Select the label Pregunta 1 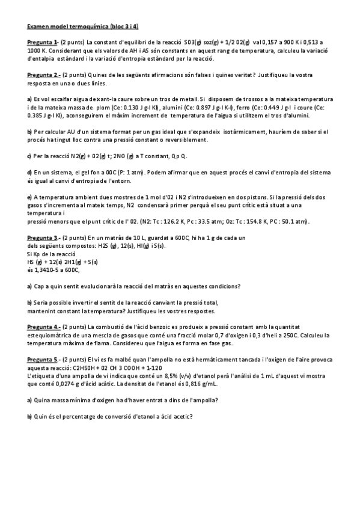(x=42, y=42)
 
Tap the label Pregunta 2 (x=43, y=75)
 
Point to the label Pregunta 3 (x=42, y=238)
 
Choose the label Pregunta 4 (x=43, y=327)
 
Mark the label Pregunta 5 (x=43, y=359)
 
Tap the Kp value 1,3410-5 (x=48, y=270)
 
